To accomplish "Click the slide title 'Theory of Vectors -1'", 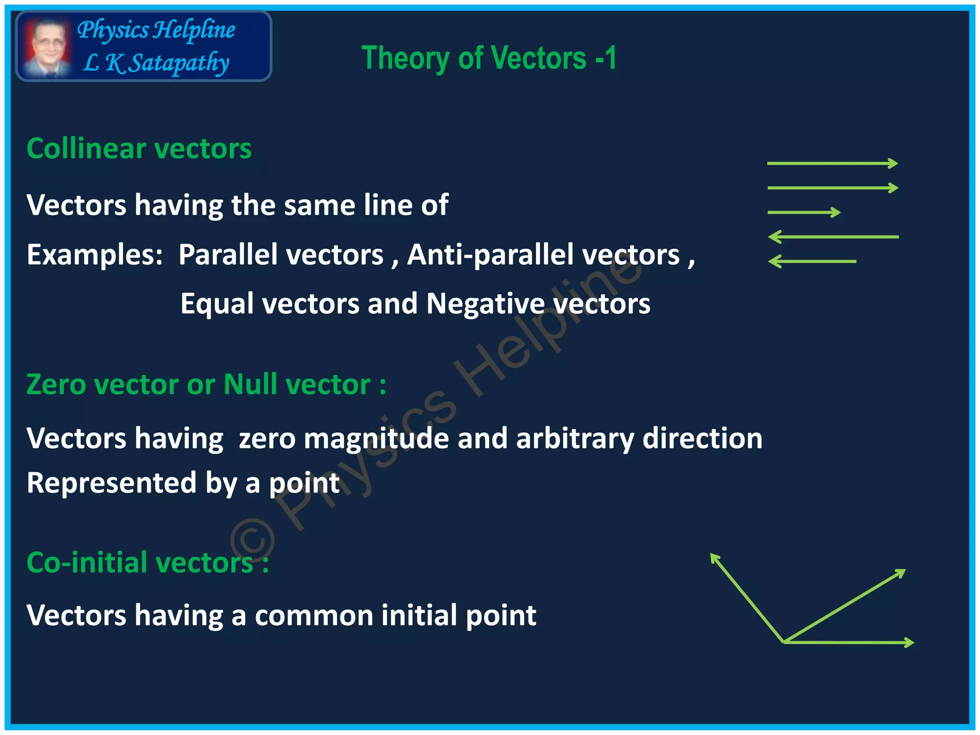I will [489, 58].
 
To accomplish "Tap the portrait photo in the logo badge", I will [46, 47].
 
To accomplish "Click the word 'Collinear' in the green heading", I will [86, 148].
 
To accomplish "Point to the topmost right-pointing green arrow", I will [832, 164].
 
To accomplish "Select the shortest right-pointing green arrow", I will [804, 212].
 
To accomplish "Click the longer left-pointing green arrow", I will [833, 237].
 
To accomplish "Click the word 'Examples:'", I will [95, 255].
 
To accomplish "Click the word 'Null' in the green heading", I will [250, 384].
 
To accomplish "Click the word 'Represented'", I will [111, 483].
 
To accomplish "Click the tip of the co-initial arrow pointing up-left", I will [712, 555].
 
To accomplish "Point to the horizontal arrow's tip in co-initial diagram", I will [913, 642].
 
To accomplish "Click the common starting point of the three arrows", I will [784, 642].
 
